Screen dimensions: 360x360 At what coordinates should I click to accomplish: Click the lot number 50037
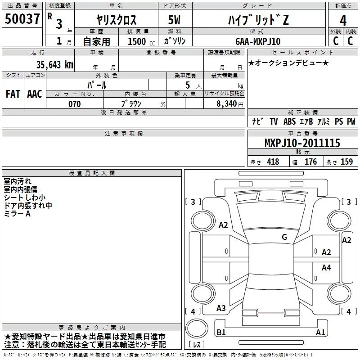point(22,19)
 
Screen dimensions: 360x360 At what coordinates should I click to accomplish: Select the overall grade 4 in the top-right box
point(343,21)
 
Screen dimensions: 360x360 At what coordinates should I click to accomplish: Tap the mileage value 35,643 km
point(54,65)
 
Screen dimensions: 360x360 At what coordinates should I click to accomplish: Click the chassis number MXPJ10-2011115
point(302,143)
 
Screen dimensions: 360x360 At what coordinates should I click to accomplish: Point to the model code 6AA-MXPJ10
point(258,41)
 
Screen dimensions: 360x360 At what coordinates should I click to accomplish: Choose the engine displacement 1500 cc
point(141,41)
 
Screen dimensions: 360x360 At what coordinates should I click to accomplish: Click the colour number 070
point(75,104)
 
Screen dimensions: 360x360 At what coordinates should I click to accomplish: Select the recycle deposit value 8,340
point(227,104)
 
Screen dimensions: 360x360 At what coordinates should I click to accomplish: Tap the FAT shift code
point(13,94)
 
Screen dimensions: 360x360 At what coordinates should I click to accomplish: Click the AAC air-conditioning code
point(35,94)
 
